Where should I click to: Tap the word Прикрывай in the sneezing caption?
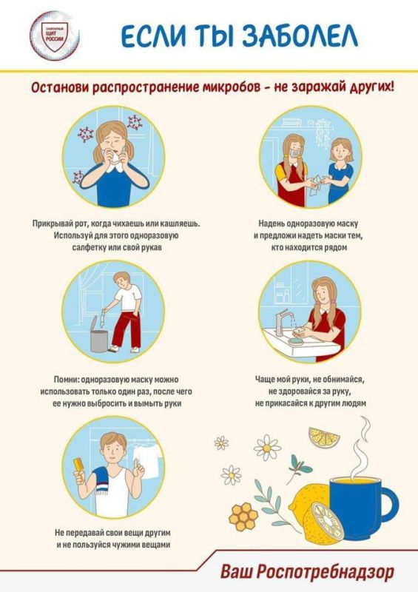(57, 223)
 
